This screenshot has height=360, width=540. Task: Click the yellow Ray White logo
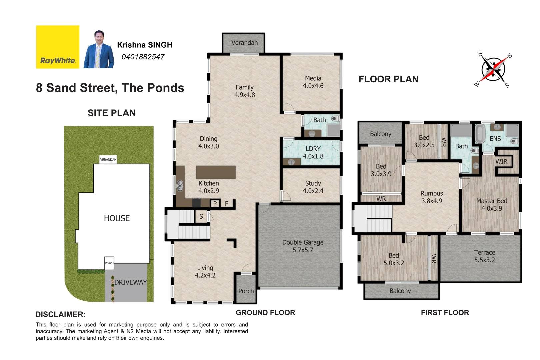point(58,47)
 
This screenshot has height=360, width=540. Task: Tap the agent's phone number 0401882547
point(143,57)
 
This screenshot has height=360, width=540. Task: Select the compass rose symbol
point(493,69)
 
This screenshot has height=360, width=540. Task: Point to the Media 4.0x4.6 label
point(313,82)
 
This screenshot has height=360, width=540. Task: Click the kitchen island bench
point(216,172)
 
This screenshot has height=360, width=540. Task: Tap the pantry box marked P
point(215,203)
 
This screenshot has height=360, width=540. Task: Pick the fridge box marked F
point(227,203)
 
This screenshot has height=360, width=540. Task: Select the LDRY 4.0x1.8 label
point(313,152)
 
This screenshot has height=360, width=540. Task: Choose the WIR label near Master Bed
point(501,162)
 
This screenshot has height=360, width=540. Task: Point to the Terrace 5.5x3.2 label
point(484,256)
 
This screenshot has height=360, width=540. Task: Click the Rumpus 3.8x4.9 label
point(432,197)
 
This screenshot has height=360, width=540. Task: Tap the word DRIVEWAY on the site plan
point(130,282)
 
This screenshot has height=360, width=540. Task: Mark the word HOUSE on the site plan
point(117,218)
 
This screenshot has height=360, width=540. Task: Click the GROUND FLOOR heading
point(265,313)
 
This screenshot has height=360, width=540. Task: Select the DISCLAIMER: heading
point(60,314)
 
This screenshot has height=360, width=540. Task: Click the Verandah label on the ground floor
point(244,43)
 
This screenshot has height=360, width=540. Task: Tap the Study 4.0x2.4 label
point(313,187)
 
